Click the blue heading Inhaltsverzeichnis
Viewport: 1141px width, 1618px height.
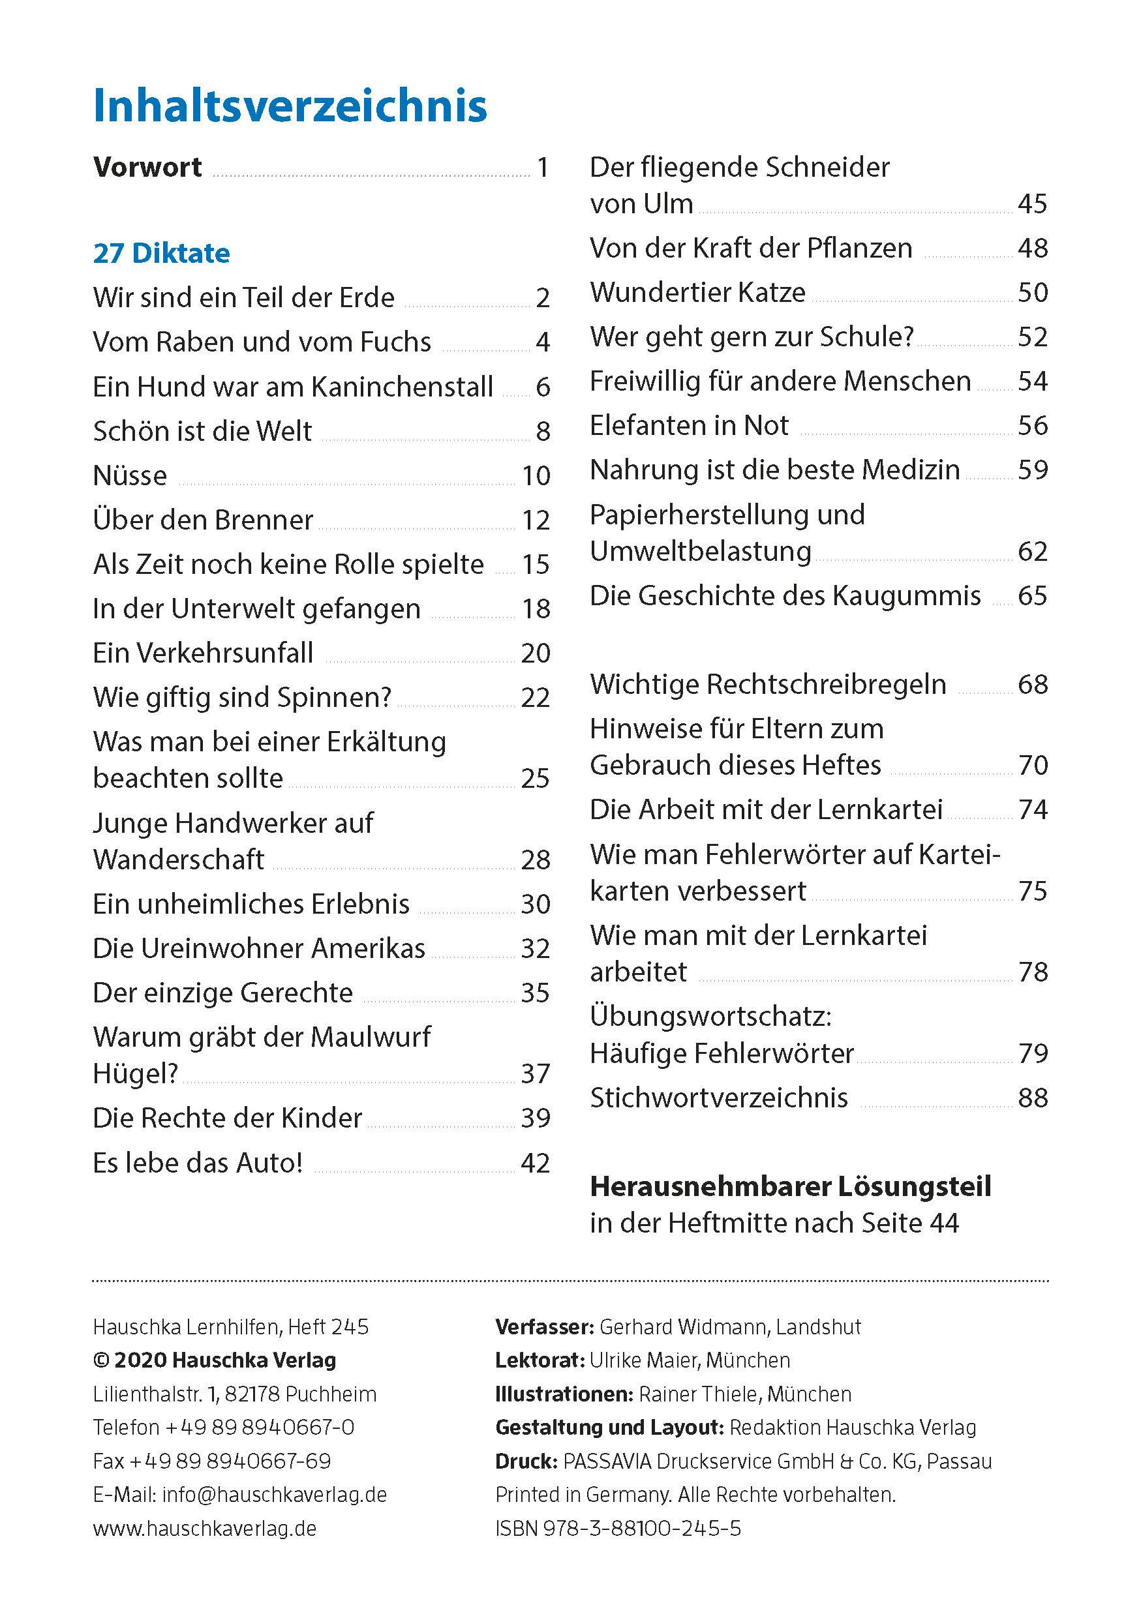(x=290, y=106)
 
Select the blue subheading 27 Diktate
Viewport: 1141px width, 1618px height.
(x=161, y=254)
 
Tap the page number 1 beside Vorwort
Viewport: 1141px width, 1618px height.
(x=542, y=168)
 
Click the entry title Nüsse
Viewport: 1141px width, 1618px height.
(x=130, y=475)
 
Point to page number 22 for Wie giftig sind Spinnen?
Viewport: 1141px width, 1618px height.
(x=535, y=698)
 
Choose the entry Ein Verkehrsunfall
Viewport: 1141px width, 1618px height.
(x=203, y=653)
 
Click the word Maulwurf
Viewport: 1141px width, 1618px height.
(x=371, y=1037)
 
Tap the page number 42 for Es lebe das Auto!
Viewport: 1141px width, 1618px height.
(x=535, y=1163)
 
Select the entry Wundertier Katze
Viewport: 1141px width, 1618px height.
(x=697, y=292)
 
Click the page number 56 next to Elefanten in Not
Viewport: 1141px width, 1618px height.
(x=1033, y=426)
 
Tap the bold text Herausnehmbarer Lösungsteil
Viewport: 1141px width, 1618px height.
(x=790, y=1187)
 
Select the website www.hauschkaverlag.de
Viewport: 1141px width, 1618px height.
(x=204, y=1529)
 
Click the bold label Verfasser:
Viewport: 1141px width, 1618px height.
(x=544, y=1327)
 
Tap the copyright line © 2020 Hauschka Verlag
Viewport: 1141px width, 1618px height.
(x=214, y=1360)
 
